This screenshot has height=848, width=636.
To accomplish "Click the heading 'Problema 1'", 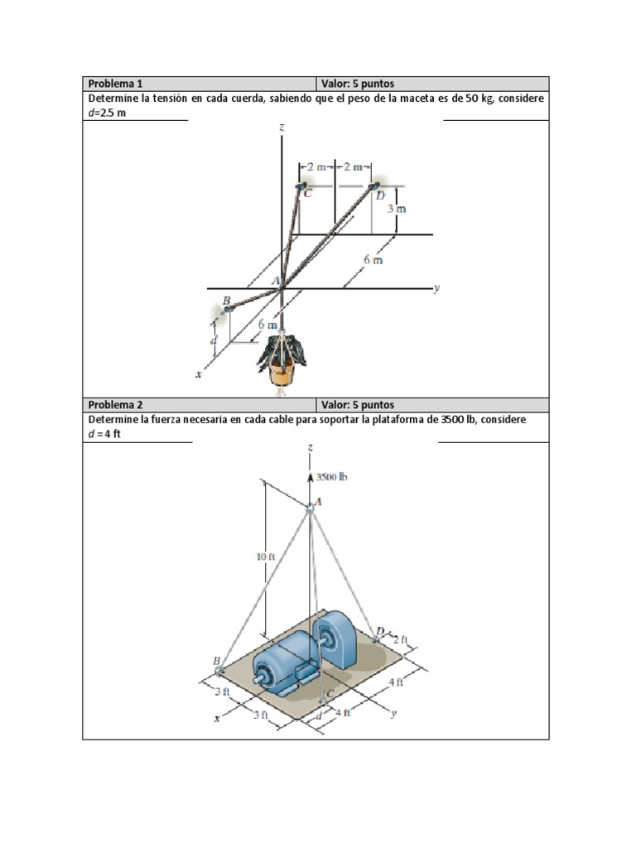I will [x=116, y=84].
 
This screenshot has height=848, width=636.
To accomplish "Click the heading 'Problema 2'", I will [x=116, y=405].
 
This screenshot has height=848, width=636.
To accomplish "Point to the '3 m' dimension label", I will [x=397, y=209].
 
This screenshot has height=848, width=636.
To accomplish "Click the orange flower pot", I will [x=282, y=374].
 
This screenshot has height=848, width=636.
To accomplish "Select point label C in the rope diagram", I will [x=308, y=195].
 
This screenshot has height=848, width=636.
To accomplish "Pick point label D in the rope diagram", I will [x=380, y=195].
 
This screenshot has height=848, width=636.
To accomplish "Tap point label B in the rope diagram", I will [x=225, y=299].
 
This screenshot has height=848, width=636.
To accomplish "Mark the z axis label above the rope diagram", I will [x=282, y=128].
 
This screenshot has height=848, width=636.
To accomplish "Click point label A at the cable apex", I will [x=319, y=501].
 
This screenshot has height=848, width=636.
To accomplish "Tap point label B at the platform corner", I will [x=216, y=661].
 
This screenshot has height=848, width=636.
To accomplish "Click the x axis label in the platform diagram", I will [x=218, y=719].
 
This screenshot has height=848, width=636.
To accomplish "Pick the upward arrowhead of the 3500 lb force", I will [x=311, y=477].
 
